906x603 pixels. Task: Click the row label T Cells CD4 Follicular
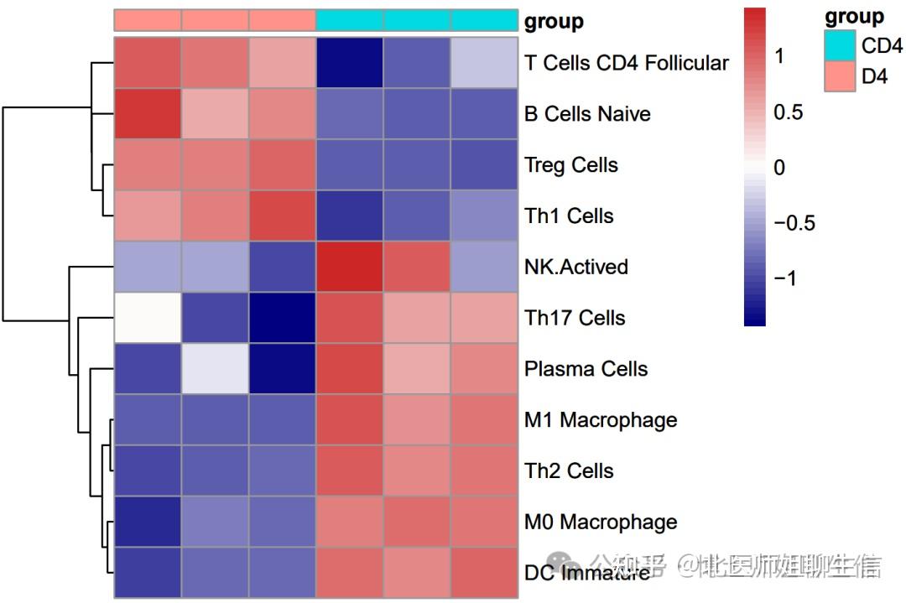(626, 63)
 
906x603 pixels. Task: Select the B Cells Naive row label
(587, 114)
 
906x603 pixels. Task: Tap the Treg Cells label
(571, 165)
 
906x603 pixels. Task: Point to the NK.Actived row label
(575, 267)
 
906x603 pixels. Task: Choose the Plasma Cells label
(586, 369)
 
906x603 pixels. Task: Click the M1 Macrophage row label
(600, 419)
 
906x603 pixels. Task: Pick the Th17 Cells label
(575, 318)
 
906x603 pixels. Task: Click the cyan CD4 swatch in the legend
(841, 45)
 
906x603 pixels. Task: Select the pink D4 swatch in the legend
(841, 76)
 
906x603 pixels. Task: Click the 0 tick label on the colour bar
(780, 168)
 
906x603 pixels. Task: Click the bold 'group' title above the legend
(854, 17)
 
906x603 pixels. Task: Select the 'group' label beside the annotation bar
(554, 22)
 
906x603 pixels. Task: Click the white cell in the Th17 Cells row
(148, 318)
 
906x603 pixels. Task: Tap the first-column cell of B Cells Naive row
(148, 114)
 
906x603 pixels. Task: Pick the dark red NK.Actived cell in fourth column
(350, 267)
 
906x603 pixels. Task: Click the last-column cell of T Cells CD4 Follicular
(484, 63)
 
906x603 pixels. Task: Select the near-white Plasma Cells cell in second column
(215, 369)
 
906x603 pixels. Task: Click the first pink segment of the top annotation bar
(148, 20)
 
